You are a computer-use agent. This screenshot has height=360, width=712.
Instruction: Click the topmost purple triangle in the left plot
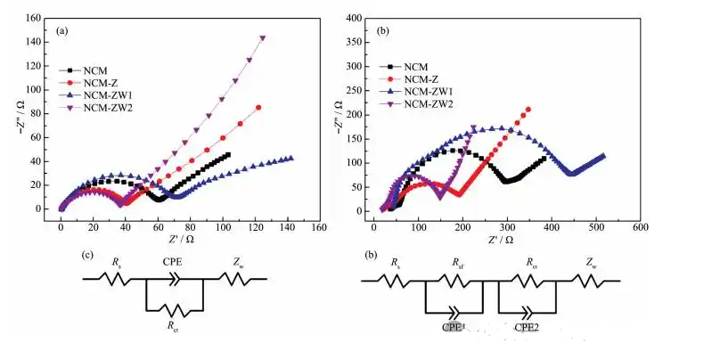263,38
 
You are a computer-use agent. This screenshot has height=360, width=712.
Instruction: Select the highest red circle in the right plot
529,110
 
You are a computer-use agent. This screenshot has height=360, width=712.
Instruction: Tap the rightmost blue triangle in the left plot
291,159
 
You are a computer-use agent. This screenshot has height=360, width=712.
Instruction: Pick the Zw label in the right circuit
592,265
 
